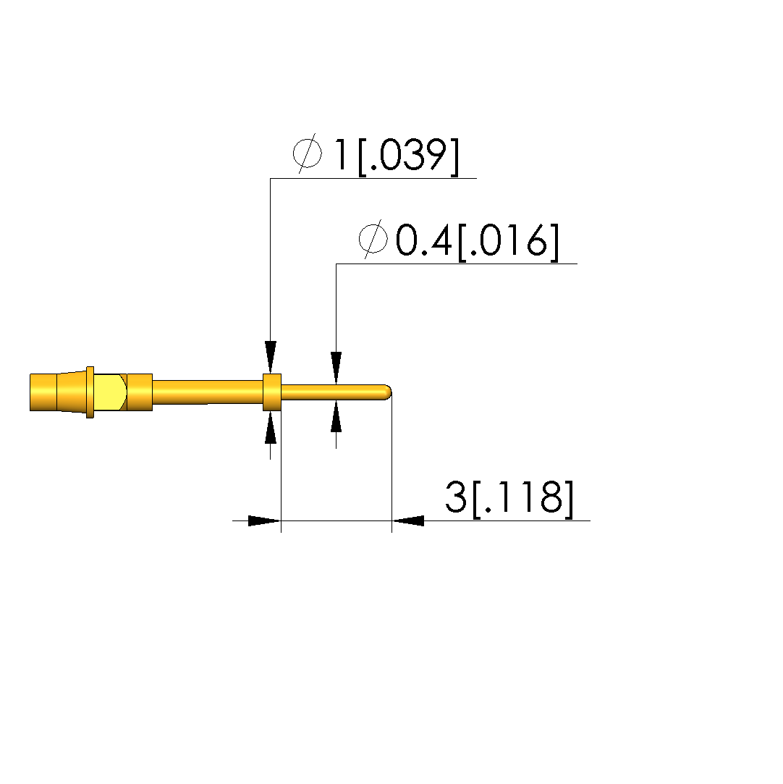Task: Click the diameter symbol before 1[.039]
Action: [308, 153]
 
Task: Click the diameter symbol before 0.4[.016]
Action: [373, 239]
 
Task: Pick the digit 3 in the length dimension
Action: [456, 497]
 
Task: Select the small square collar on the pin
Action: [272, 392]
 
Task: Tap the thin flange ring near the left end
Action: [90, 392]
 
